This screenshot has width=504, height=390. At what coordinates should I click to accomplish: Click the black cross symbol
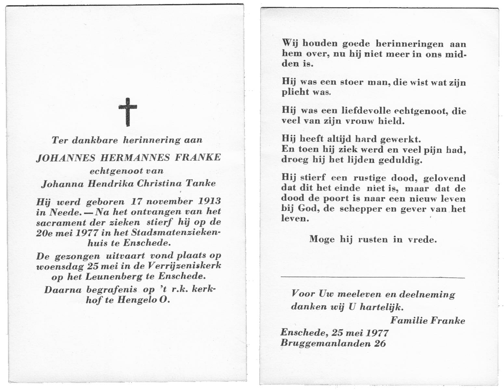pos(127,112)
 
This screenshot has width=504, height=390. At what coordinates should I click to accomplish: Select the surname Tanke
pos(200,183)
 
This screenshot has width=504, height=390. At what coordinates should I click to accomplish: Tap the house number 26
pos(380,343)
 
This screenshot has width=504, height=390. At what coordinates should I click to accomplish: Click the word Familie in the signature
pos(409,320)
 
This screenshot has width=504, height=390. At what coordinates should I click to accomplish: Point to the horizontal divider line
pos(372,277)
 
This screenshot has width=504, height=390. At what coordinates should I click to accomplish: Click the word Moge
pos(322,239)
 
